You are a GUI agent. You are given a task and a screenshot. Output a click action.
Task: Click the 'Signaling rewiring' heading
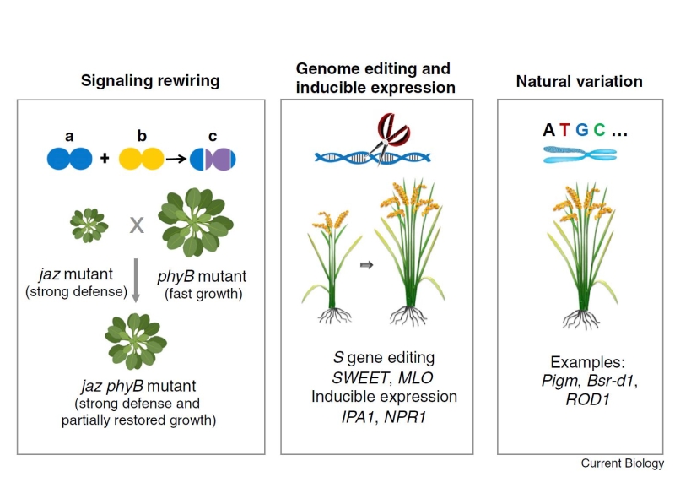pyautogui.click(x=150, y=81)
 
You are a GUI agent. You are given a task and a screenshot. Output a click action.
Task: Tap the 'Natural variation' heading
pyautogui.click(x=579, y=81)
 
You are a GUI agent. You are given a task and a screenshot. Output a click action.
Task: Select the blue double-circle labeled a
pyautogui.click(x=70, y=158)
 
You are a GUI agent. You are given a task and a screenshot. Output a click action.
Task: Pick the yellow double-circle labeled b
pyautogui.click(x=141, y=158)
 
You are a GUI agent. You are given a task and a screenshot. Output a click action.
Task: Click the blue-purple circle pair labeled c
pyautogui.click(x=213, y=158)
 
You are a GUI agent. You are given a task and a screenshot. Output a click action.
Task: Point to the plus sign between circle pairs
pyautogui.click(x=105, y=158)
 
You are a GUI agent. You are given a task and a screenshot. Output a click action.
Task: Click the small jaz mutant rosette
pyautogui.click(x=88, y=224)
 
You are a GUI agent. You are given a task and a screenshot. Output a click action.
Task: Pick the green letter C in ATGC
pyautogui.click(x=599, y=130)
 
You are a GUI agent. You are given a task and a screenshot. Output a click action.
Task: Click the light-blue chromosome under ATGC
pyautogui.click(x=580, y=153)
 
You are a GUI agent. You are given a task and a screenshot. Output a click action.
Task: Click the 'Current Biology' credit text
pyautogui.click(x=622, y=463)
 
